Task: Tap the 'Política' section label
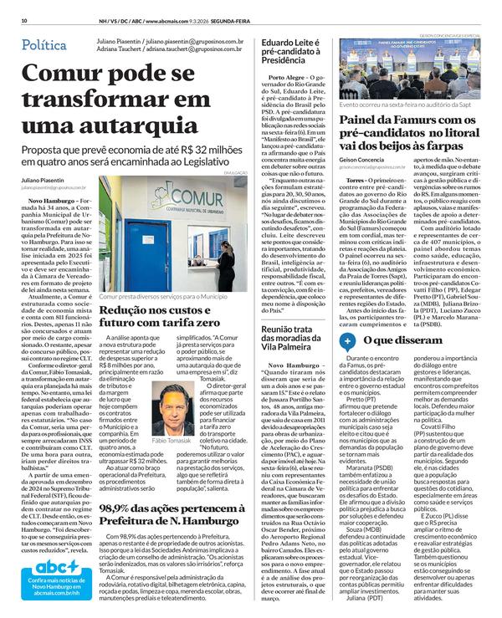click(x=44, y=44)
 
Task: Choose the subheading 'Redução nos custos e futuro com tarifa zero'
click(x=160, y=316)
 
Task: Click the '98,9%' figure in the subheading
click(x=118, y=508)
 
